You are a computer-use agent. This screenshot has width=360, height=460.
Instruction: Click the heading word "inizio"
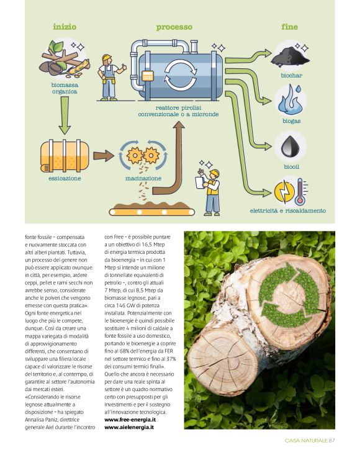65,27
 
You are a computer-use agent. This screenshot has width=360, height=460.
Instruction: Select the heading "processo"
174,27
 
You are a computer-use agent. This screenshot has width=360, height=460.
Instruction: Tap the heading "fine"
290,27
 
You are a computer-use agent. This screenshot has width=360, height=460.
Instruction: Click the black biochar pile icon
290,56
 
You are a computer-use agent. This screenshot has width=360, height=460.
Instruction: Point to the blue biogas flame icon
290,99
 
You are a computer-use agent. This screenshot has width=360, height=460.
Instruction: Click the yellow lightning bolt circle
284,192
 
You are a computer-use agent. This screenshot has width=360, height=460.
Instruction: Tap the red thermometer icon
300,192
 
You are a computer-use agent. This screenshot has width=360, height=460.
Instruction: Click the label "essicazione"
65,178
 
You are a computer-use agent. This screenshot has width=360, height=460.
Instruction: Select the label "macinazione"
143,178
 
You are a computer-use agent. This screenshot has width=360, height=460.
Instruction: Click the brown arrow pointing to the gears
104,156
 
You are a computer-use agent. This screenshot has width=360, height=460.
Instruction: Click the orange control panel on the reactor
147,76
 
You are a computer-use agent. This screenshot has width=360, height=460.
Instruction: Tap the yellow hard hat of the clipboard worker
214,173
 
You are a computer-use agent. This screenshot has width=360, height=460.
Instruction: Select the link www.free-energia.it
130,420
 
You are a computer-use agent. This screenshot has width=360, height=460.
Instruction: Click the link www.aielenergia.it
129,428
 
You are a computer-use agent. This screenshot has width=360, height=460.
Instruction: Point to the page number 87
332,440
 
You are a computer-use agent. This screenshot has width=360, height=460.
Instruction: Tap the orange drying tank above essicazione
65,155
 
